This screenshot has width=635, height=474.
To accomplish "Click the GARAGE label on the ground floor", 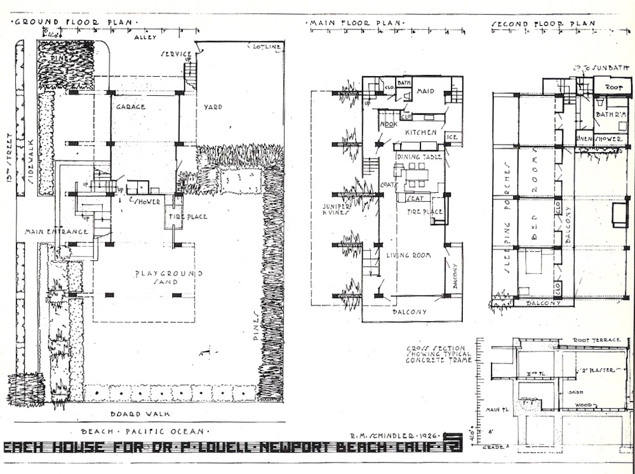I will [130, 107].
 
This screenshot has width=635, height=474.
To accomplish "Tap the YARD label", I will [213, 107].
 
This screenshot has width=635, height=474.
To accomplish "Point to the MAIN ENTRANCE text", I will [57, 232].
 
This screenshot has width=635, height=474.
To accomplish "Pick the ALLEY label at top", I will [145, 37].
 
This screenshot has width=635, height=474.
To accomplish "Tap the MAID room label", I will [425, 91].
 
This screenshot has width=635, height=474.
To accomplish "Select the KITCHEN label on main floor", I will [420, 132].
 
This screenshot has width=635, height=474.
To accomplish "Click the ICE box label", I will [453, 137].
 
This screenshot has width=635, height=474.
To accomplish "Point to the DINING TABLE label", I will [417, 155].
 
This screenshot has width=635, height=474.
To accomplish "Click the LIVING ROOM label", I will [409, 255].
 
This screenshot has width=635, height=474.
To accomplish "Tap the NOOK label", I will [389, 124].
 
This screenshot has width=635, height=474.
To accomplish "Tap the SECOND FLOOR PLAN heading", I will [544, 24].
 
